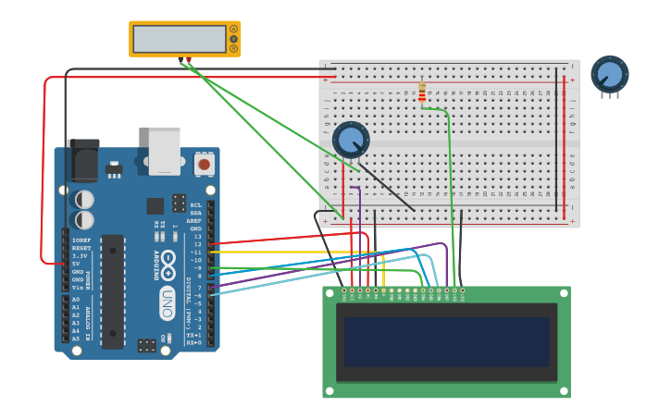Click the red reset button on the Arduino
[204, 165]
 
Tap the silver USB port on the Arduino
[165, 150]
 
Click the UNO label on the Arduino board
[168, 302]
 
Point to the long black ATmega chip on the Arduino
[112, 290]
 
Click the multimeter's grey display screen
[180, 39]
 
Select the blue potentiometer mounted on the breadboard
[351, 140]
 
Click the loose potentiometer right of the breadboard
[609, 75]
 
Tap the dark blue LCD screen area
[446, 341]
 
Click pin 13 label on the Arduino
[196, 237]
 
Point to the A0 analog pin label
[76, 300]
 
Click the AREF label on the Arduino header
[194, 221]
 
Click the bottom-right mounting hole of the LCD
[563, 391]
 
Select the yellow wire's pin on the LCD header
[383, 290]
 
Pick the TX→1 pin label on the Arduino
[194, 335]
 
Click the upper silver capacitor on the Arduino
[84, 199]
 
